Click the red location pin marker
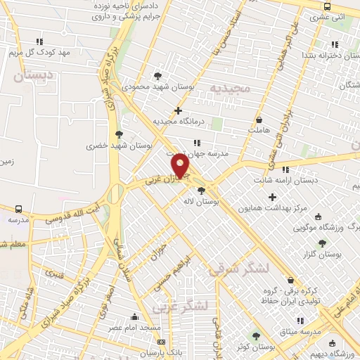(x=181, y=166)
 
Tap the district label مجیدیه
(x=230, y=87)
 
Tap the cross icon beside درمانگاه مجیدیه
(x=179, y=110)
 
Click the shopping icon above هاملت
(x=259, y=120)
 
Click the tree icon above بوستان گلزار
(x=322, y=243)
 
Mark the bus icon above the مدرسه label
(x=18, y=209)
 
